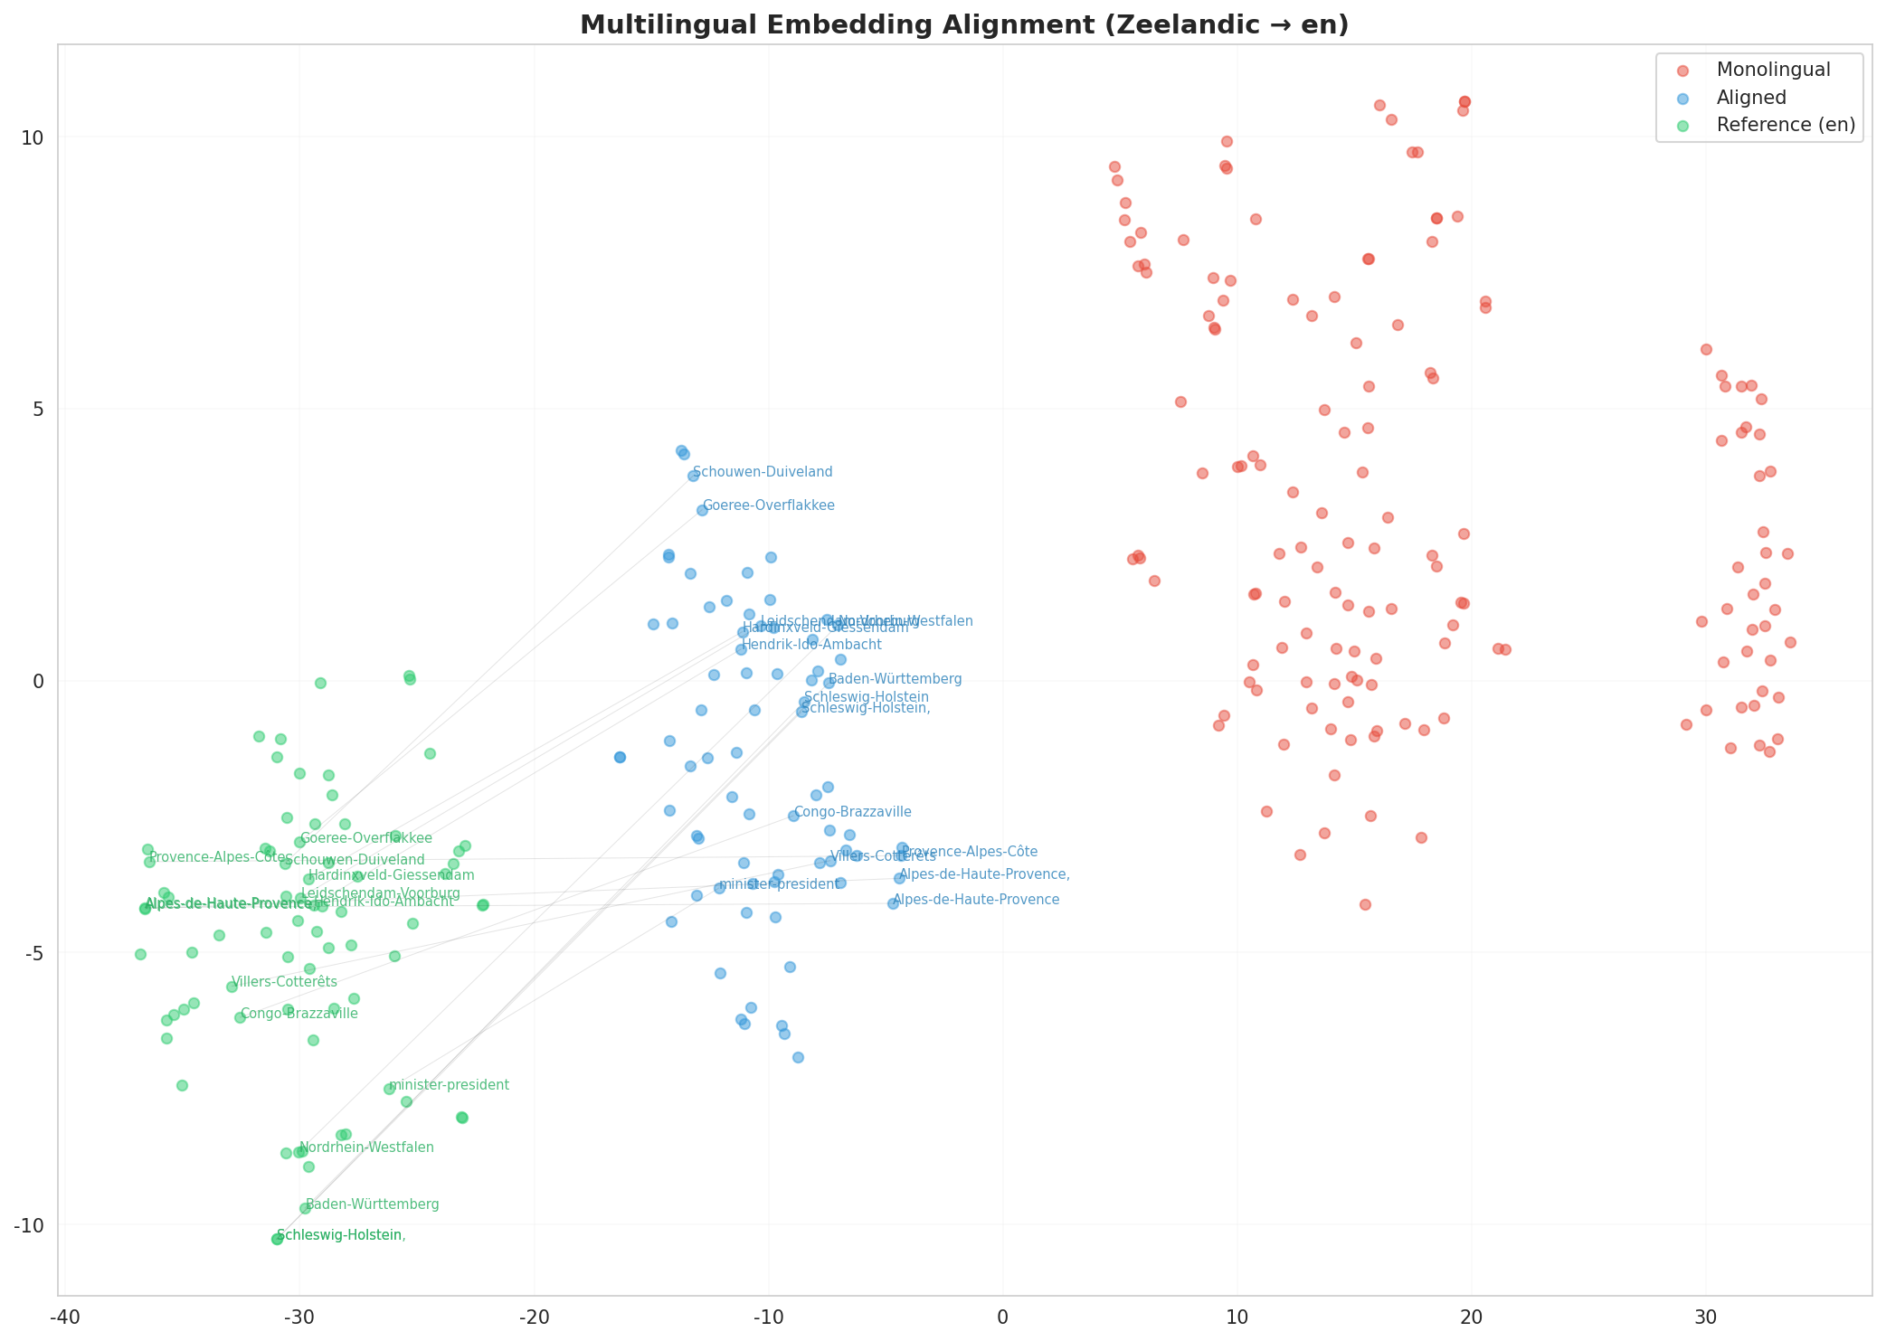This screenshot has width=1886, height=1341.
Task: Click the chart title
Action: click(x=964, y=24)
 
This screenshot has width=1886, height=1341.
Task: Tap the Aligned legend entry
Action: click(x=1751, y=98)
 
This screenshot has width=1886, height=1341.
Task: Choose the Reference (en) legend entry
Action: click(x=1786, y=125)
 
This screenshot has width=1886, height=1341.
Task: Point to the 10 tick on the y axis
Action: click(x=33, y=137)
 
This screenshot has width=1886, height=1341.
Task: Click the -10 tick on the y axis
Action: click(x=29, y=1224)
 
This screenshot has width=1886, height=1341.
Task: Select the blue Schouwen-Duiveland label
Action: click(x=763, y=472)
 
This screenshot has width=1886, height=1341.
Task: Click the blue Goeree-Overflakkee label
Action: click(x=768, y=505)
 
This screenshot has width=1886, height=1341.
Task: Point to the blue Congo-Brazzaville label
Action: click(x=852, y=812)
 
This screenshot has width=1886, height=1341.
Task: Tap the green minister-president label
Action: click(x=449, y=1085)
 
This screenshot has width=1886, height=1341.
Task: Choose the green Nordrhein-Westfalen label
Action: click(x=366, y=1147)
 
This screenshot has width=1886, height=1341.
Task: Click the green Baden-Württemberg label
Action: click(x=373, y=1204)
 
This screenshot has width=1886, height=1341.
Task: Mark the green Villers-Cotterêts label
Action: click(x=284, y=982)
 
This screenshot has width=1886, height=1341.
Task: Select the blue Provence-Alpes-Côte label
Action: click(x=969, y=852)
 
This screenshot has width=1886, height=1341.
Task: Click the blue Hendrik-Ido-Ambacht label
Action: click(x=810, y=645)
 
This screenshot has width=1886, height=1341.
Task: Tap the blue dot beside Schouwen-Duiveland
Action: click(x=693, y=476)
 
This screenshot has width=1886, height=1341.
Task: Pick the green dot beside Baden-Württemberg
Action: click(x=305, y=1208)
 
